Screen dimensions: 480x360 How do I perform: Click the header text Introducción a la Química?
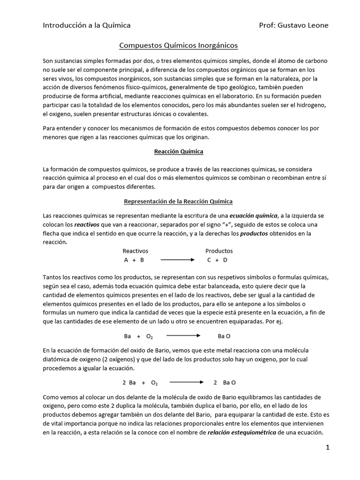tap(87, 25)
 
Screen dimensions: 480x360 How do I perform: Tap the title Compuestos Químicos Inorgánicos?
tap(179, 45)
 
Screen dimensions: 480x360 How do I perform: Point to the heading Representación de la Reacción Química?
tap(178, 202)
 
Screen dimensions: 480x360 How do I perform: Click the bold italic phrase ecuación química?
tap(254, 216)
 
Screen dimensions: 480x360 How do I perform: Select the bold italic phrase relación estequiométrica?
tap(242, 433)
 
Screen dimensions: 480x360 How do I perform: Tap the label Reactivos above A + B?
tap(135, 251)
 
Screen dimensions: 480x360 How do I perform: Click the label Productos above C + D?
tap(219, 251)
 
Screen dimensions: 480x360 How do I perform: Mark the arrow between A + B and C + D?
tap(177, 260)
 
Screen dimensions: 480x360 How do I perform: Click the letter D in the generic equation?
tap(225, 260)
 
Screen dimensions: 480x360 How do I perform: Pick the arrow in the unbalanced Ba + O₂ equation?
tap(184, 336)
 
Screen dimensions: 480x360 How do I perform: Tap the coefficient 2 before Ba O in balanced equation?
tap(215, 382)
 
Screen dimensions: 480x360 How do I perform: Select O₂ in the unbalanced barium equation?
tap(150, 336)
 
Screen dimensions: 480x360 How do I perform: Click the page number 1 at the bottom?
tap(328, 448)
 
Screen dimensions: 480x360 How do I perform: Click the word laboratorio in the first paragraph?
tap(232, 96)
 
